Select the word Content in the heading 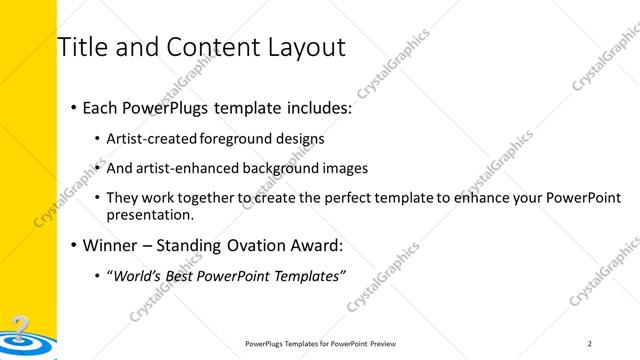point(205,47)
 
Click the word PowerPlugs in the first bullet point(166,107)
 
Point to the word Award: point(316,245)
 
